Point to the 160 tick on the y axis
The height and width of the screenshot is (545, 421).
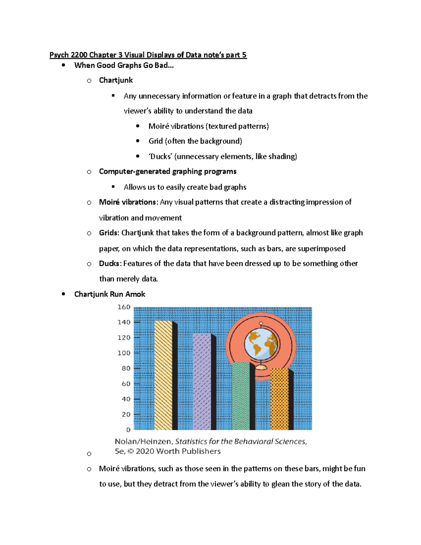tap(124, 307)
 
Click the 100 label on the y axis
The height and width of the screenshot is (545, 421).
tap(124, 353)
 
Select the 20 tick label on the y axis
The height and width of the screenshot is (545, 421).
tap(126, 414)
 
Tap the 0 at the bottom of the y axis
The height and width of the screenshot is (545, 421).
tap(128, 430)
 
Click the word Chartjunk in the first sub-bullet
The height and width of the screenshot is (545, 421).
tap(116, 80)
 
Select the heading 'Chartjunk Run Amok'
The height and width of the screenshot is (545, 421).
tap(109, 294)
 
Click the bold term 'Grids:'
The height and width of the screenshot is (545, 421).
tap(109, 233)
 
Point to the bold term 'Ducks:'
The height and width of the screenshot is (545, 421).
tap(110, 264)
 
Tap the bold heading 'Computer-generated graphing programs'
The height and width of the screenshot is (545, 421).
tap(168, 172)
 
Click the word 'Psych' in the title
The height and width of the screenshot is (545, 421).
tap(59, 55)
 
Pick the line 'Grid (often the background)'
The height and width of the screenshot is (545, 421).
tap(195, 141)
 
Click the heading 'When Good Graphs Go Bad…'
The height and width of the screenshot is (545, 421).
tap(124, 65)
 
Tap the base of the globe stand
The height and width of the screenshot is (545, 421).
tap(261, 367)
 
